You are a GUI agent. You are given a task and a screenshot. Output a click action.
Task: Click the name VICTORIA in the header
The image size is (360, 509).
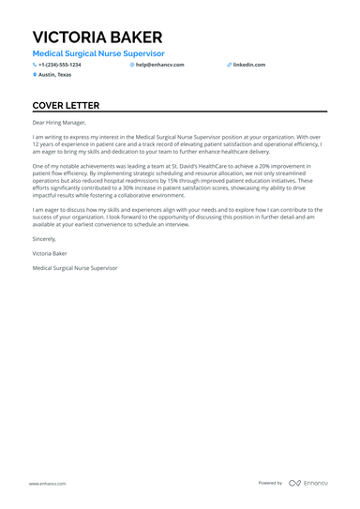(x=69, y=37)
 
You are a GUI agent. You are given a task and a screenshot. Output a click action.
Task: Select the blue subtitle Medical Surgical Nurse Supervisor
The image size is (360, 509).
(x=97, y=54)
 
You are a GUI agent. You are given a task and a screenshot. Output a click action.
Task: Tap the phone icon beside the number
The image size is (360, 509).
(x=35, y=65)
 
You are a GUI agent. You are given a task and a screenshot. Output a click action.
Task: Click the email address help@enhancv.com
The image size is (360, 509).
(x=160, y=65)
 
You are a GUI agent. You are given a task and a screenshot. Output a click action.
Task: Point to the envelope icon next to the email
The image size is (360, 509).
(x=132, y=65)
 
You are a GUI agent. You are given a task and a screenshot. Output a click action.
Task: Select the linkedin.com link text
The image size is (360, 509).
(x=250, y=65)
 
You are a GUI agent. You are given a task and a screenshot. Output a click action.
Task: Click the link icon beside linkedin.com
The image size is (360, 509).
(x=229, y=65)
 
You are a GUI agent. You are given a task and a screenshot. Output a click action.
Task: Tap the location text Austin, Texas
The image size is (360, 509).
(x=54, y=74)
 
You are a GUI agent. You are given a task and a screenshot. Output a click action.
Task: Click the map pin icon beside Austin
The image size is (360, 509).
(x=35, y=74)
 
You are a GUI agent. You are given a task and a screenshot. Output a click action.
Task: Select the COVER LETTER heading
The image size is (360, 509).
(x=71, y=106)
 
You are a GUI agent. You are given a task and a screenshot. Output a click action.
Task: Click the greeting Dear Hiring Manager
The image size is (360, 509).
(x=59, y=123)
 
